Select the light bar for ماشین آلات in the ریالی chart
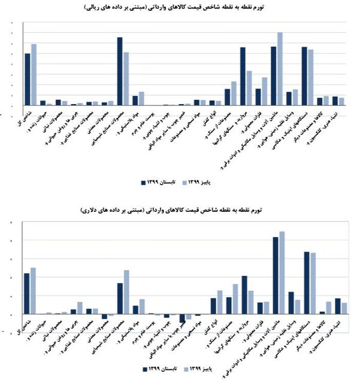pos(280,69)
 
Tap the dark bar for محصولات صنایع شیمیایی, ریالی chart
pos(120,71)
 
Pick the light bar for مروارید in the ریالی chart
pos(249,88)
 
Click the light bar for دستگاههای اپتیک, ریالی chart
pos(310,77)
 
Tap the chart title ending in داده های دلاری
pos(180,211)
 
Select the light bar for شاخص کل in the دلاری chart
pos(34,291)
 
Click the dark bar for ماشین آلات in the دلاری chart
pos(276,275)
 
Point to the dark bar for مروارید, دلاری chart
pos(244,295)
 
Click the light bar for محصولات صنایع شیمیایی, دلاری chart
pos(126,292)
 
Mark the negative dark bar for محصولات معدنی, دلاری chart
pos(104,316)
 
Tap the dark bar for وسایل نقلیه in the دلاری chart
pos(291,303)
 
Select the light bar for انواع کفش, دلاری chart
pos(219,302)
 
